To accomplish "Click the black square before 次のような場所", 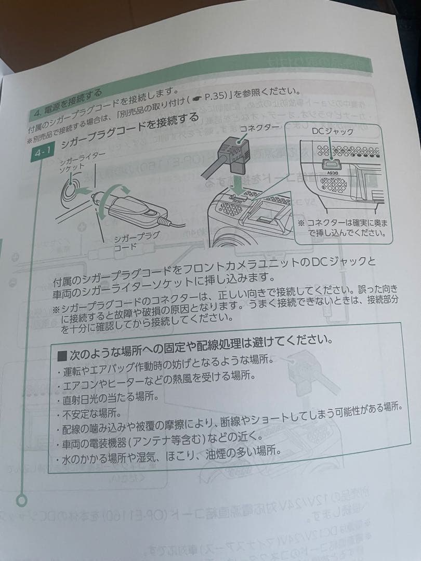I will point(62,356).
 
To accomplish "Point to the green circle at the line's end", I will point(22,501).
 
